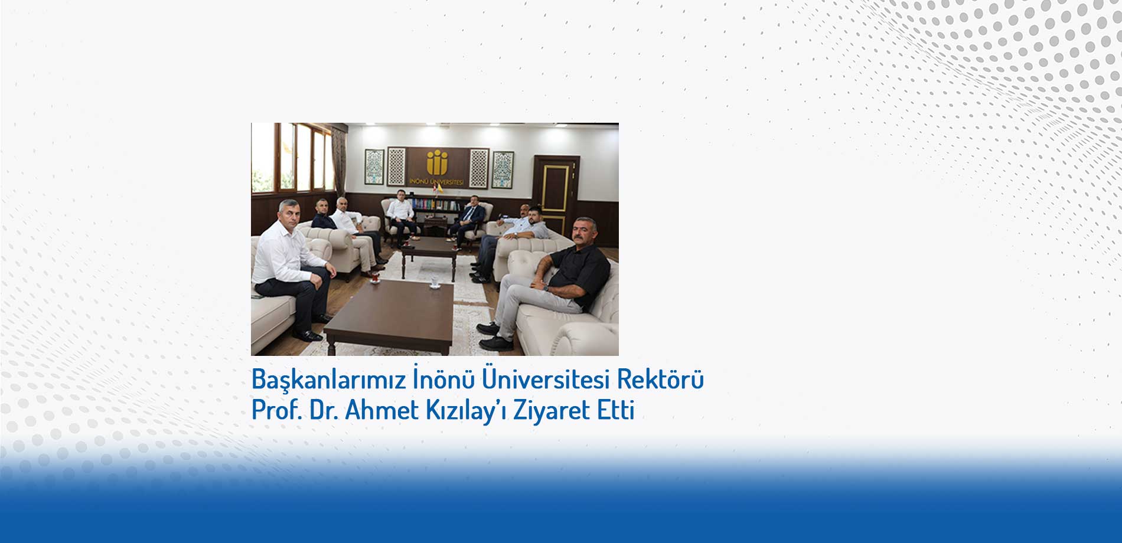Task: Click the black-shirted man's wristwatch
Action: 546,288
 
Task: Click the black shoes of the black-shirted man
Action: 493,336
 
